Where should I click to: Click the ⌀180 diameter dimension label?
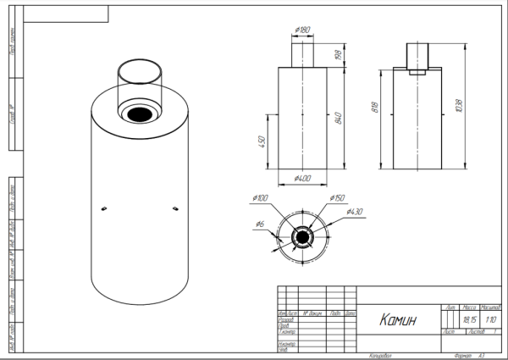point(302,30)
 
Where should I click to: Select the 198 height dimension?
point(338,55)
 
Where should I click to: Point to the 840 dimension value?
point(338,118)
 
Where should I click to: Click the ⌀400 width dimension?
point(302,179)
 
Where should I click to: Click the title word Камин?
point(396,320)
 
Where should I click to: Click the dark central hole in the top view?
point(302,237)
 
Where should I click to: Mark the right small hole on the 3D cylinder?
point(174,207)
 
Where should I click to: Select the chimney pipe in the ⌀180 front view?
point(302,55)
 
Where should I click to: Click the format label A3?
point(482,356)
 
